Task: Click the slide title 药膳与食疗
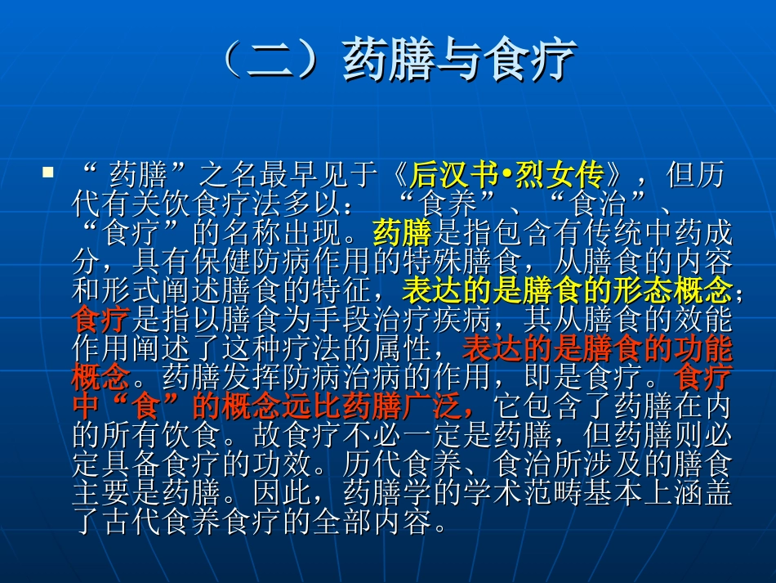click(460, 61)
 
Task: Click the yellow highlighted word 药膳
click(401, 234)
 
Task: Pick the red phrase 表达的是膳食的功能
click(597, 348)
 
